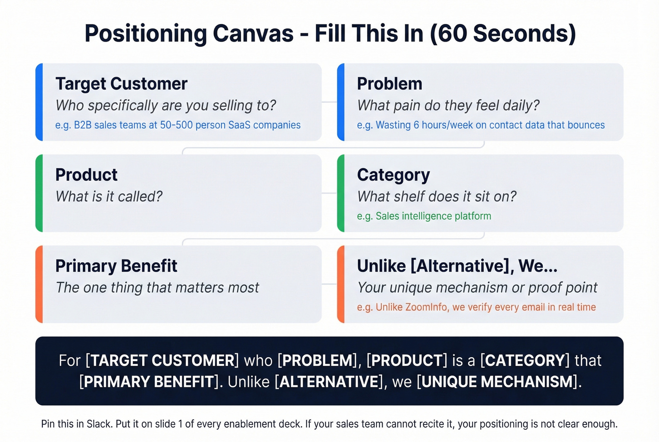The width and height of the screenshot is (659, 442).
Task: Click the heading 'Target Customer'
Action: point(121,84)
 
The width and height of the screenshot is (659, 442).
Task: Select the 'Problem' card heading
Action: point(389,84)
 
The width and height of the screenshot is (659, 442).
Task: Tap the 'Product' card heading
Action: point(86,175)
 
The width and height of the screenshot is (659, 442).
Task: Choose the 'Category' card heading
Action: point(393,175)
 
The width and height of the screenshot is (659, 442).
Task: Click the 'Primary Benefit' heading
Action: point(116,266)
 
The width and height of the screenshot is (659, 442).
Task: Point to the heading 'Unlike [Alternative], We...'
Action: point(457,266)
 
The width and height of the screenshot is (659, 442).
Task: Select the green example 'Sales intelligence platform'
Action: point(433,216)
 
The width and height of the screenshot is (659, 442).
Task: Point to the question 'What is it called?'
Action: point(109,196)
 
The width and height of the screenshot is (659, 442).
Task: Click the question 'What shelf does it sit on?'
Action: point(436,196)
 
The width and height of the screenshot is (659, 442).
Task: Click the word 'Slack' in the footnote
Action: point(98,424)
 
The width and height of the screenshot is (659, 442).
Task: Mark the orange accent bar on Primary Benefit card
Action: point(39,284)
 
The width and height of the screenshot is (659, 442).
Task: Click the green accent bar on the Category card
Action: point(341,193)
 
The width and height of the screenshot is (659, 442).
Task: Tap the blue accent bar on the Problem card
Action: point(341,102)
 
